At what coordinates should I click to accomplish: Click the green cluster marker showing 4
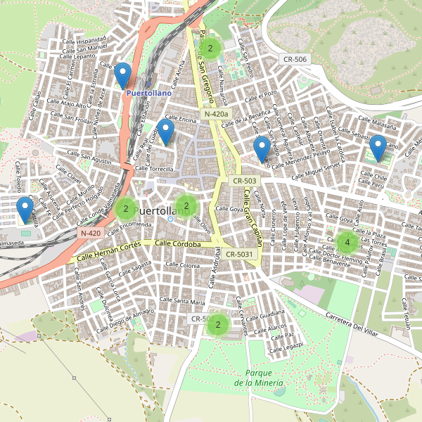pyautogui.click(x=347, y=243)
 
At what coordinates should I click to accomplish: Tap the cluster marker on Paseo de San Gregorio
pyautogui.click(x=210, y=49)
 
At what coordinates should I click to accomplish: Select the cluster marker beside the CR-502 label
pyautogui.click(x=218, y=324)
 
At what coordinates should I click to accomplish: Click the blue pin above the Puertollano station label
pyautogui.click(x=123, y=75)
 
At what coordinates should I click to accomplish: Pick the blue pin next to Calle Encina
pyautogui.click(x=165, y=131)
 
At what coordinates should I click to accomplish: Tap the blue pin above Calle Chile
pyautogui.click(x=378, y=148)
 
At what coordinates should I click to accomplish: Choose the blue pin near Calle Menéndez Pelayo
pyautogui.click(x=262, y=148)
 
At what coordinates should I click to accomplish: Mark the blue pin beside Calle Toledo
pyautogui.click(x=25, y=209)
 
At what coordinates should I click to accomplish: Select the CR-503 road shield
pyautogui.click(x=245, y=181)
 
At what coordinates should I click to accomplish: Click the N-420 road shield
pyautogui.click(x=91, y=233)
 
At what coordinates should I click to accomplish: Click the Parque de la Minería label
pyautogui.click(x=260, y=378)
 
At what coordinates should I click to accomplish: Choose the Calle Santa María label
pyautogui.click(x=182, y=301)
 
